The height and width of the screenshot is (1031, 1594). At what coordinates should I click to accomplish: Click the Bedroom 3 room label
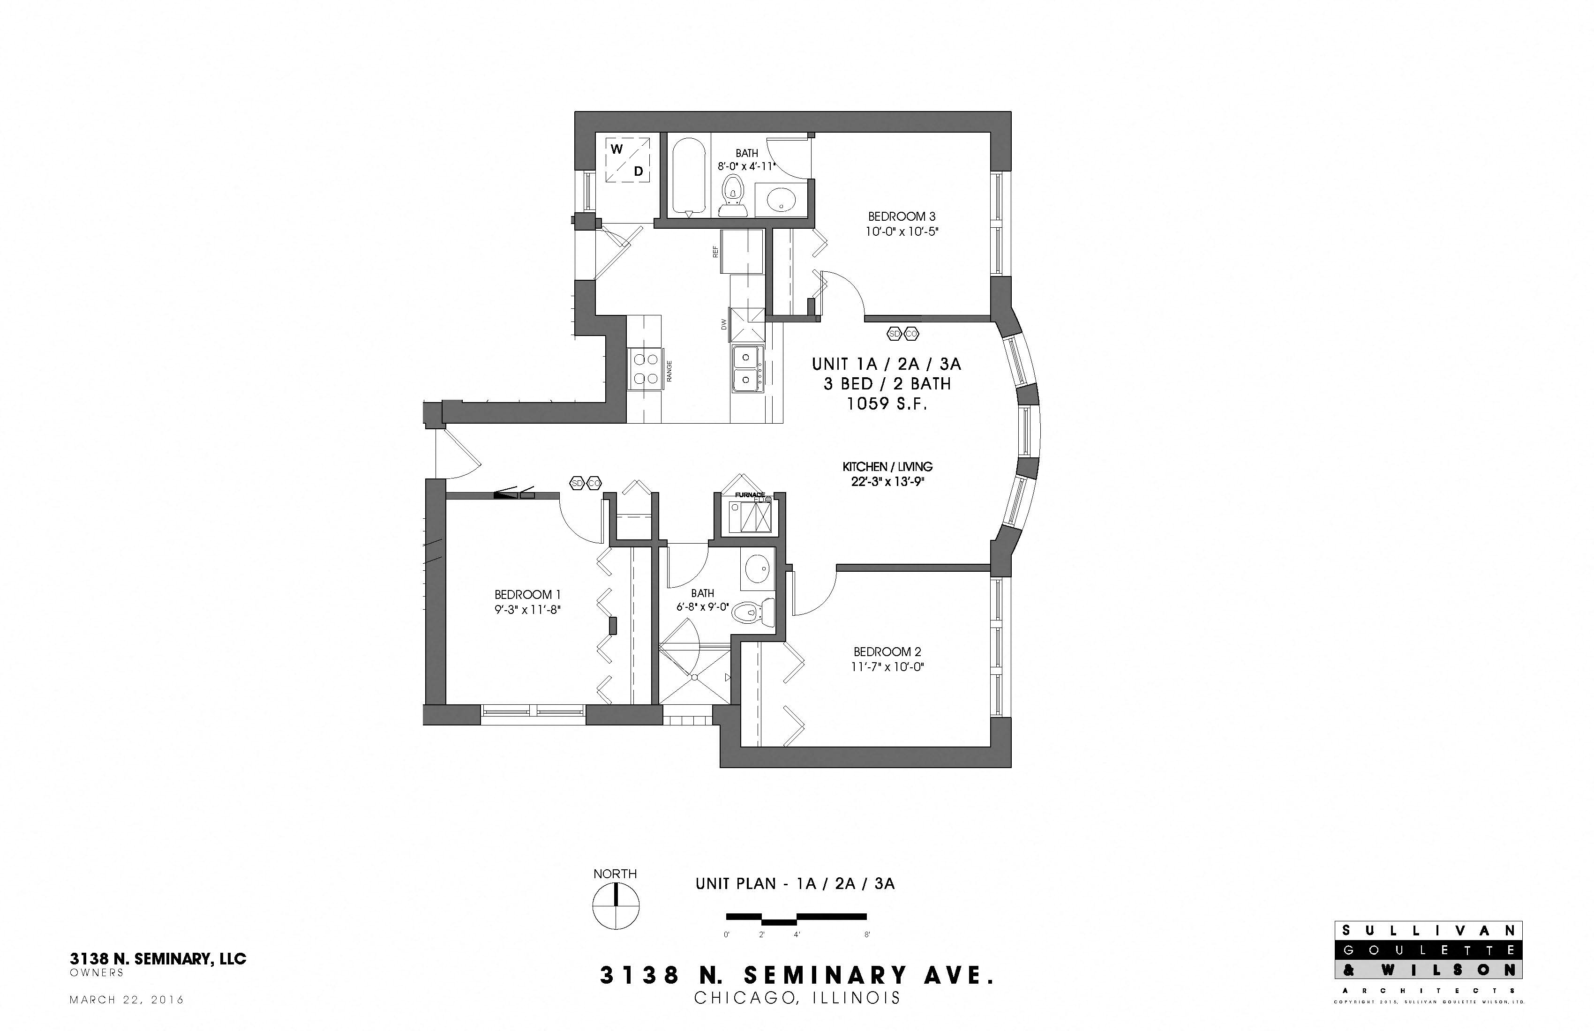tap(902, 216)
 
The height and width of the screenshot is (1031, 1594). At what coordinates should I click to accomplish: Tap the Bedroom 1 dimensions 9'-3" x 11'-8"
tap(526, 610)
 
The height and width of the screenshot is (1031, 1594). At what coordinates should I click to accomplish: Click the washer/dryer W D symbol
tap(628, 160)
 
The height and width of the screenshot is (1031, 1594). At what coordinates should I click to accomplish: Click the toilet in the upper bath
tap(733, 194)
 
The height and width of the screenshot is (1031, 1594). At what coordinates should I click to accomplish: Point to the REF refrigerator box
tap(741, 251)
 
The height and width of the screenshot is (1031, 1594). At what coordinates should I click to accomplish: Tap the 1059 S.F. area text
tap(887, 403)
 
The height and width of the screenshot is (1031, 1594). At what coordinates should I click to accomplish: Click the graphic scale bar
tap(797, 918)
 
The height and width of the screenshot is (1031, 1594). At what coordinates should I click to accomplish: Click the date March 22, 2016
tap(127, 1000)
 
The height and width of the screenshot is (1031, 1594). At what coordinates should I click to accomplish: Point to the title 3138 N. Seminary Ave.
tap(797, 975)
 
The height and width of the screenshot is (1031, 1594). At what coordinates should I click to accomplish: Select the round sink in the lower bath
tap(758, 568)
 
